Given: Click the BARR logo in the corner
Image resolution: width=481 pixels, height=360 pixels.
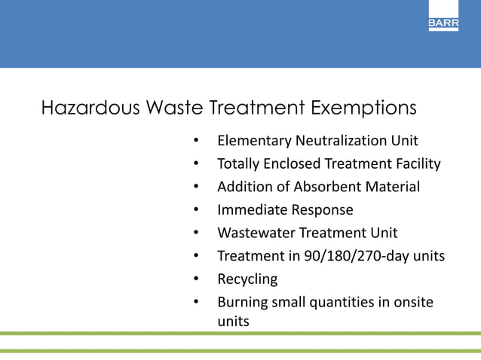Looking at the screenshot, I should [x=443, y=23].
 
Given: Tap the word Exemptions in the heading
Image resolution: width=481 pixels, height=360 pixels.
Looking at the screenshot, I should [x=363, y=108].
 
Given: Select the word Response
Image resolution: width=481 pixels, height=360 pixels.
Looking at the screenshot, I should [x=322, y=210].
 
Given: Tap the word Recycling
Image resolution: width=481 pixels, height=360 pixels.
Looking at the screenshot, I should [x=247, y=279].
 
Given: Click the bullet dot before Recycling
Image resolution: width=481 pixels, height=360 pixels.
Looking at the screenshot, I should [x=195, y=279].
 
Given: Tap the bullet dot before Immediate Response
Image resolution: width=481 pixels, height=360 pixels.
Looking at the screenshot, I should [x=195, y=210].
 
